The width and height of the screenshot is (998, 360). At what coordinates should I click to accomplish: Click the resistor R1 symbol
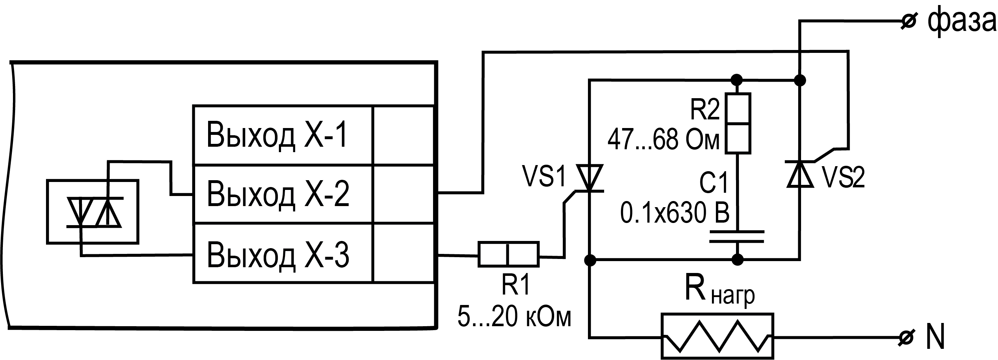coord(508,254)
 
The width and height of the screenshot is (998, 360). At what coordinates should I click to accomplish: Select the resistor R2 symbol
coord(738,123)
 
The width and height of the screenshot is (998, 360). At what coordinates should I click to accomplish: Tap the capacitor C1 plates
coord(737,236)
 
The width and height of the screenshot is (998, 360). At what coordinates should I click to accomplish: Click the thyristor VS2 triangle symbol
coord(800,174)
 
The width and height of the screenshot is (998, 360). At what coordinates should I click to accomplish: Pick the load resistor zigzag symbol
coord(718,336)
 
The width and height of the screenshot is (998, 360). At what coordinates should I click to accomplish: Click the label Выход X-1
coord(277,135)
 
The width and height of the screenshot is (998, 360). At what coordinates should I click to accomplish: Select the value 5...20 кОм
coord(514,316)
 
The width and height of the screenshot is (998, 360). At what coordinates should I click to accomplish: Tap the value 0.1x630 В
coord(675,213)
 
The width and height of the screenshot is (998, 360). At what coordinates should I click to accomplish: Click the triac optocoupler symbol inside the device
coord(93,211)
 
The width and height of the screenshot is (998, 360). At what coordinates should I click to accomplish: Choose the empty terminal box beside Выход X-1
coord(403,135)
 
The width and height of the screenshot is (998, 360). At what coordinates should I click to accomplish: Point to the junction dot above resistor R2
coord(736,80)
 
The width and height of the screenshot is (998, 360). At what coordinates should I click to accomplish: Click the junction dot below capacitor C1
coord(738,259)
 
